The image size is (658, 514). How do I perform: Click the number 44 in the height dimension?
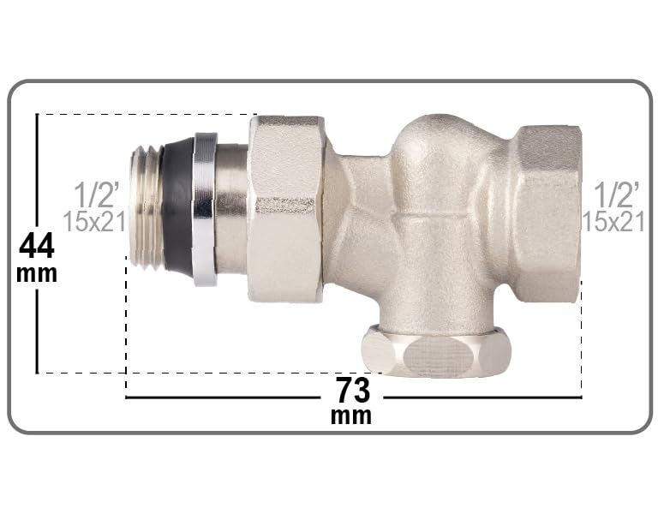37,246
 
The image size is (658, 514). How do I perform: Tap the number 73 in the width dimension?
353,391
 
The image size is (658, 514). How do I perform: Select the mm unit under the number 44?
37,273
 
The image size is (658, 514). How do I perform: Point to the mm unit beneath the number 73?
351,415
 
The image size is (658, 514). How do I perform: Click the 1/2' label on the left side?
97,194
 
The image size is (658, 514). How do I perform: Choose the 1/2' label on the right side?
617,194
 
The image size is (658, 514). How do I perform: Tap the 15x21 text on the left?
94,221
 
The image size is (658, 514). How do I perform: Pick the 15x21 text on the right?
613,221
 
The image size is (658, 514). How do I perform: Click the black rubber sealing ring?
178,208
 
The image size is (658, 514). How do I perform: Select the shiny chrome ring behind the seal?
206,209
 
